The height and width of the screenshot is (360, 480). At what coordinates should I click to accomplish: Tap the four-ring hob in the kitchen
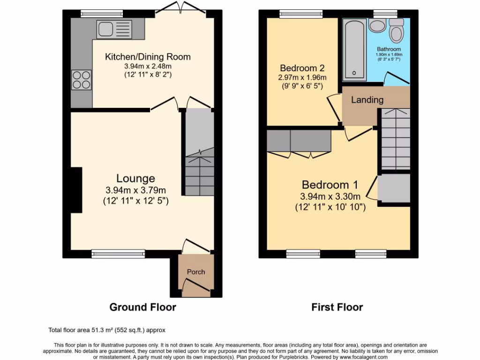tap(82, 79)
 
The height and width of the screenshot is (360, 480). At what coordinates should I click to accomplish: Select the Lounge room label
tap(135, 178)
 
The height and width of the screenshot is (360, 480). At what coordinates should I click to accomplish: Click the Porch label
tap(196, 272)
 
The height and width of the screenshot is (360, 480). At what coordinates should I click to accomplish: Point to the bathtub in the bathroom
tap(354, 50)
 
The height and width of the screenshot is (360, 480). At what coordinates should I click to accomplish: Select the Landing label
tap(367, 100)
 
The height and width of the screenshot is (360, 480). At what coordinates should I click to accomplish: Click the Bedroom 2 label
tap(302, 67)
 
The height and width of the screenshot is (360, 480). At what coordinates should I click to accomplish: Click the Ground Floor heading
tap(142, 307)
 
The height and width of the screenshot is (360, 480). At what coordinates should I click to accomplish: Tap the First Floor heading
tap(337, 307)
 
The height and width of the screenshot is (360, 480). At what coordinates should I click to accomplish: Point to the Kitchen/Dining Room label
tap(148, 57)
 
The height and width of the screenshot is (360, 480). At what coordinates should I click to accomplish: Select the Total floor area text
tap(107, 330)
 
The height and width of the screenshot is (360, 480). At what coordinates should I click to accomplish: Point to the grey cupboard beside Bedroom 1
tap(394, 188)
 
